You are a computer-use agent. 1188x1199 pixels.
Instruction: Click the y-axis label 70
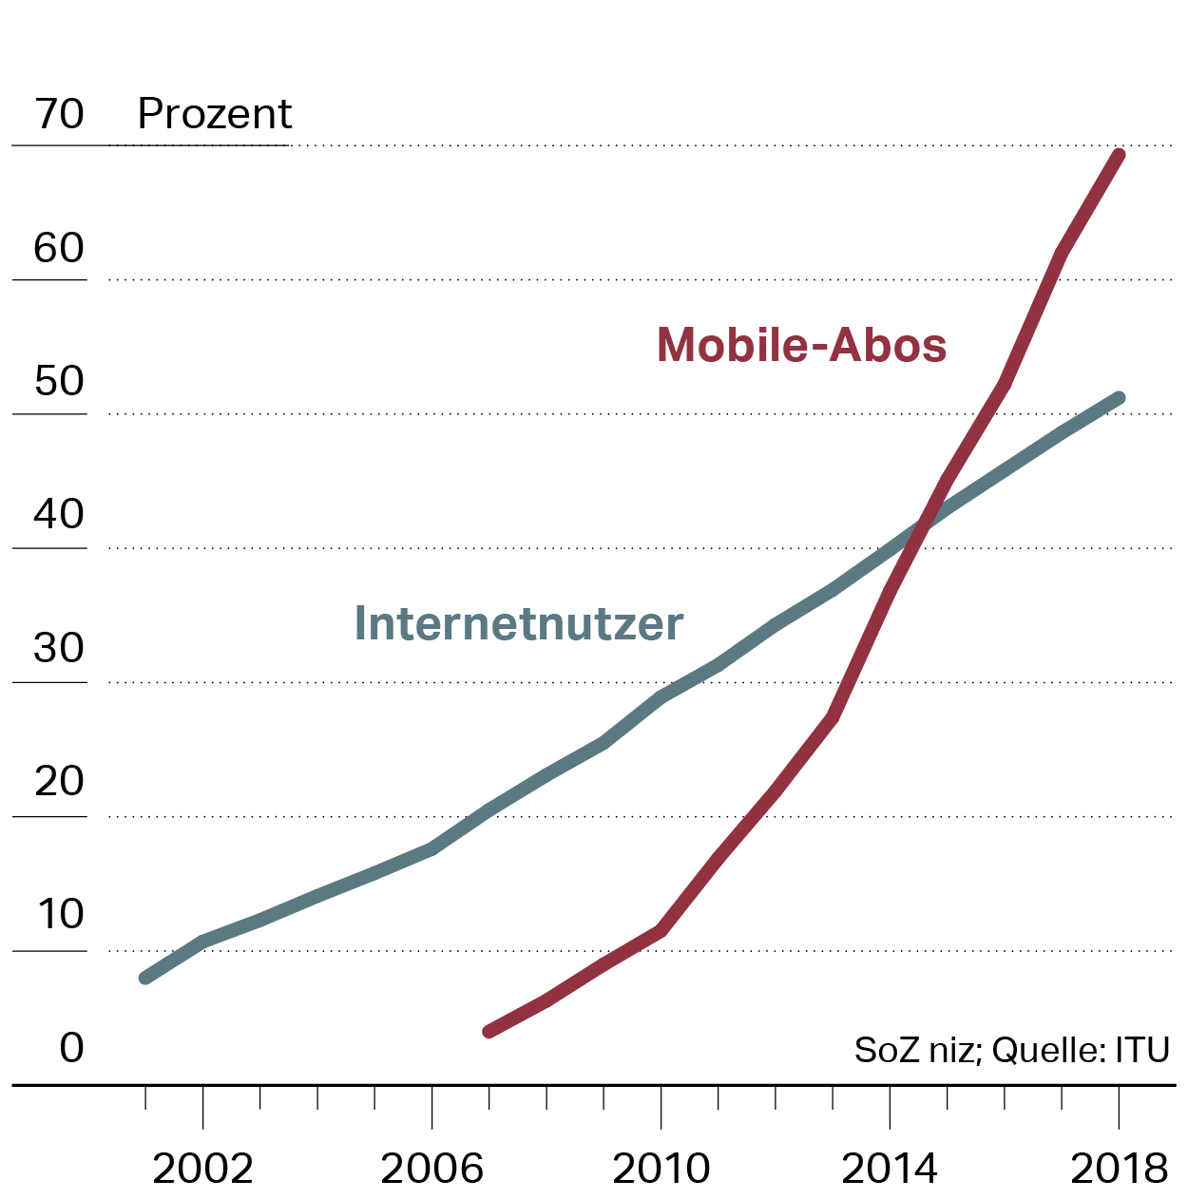point(59,114)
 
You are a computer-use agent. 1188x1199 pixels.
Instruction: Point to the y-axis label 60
point(59,248)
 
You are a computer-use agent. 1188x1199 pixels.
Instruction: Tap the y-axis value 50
point(59,381)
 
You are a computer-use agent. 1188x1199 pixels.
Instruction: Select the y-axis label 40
point(59,515)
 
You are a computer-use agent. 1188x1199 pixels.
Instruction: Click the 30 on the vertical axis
point(59,648)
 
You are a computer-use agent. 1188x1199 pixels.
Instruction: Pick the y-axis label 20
point(59,782)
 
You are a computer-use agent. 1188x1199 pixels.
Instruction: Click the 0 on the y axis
point(71,1048)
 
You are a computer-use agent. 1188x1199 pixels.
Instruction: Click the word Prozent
point(215,114)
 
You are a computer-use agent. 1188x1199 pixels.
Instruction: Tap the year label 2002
point(202,1169)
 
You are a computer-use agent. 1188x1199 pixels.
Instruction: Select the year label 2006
point(431,1169)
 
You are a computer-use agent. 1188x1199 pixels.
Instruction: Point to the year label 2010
point(661,1169)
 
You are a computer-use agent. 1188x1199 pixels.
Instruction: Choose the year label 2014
point(890,1169)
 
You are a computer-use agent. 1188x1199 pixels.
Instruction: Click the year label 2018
point(1119,1169)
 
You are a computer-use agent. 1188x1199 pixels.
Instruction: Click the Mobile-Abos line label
point(801,344)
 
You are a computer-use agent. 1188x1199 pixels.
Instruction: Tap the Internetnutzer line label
point(518,623)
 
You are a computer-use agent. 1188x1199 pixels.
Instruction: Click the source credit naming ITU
point(1011,1050)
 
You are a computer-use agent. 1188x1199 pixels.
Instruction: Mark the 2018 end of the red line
point(1119,156)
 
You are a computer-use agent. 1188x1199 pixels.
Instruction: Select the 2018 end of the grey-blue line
point(1119,399)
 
